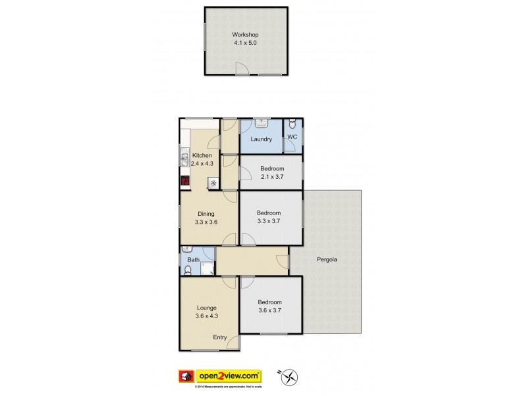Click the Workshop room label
244,35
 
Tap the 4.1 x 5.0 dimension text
244,43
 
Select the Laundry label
262,139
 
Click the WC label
293,137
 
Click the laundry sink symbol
262,123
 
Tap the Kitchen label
202,156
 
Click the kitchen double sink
184,158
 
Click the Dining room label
206,214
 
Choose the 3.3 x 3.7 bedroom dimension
269,221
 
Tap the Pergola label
327,259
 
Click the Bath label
193,260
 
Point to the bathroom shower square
207,267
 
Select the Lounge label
206,308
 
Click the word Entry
219,337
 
